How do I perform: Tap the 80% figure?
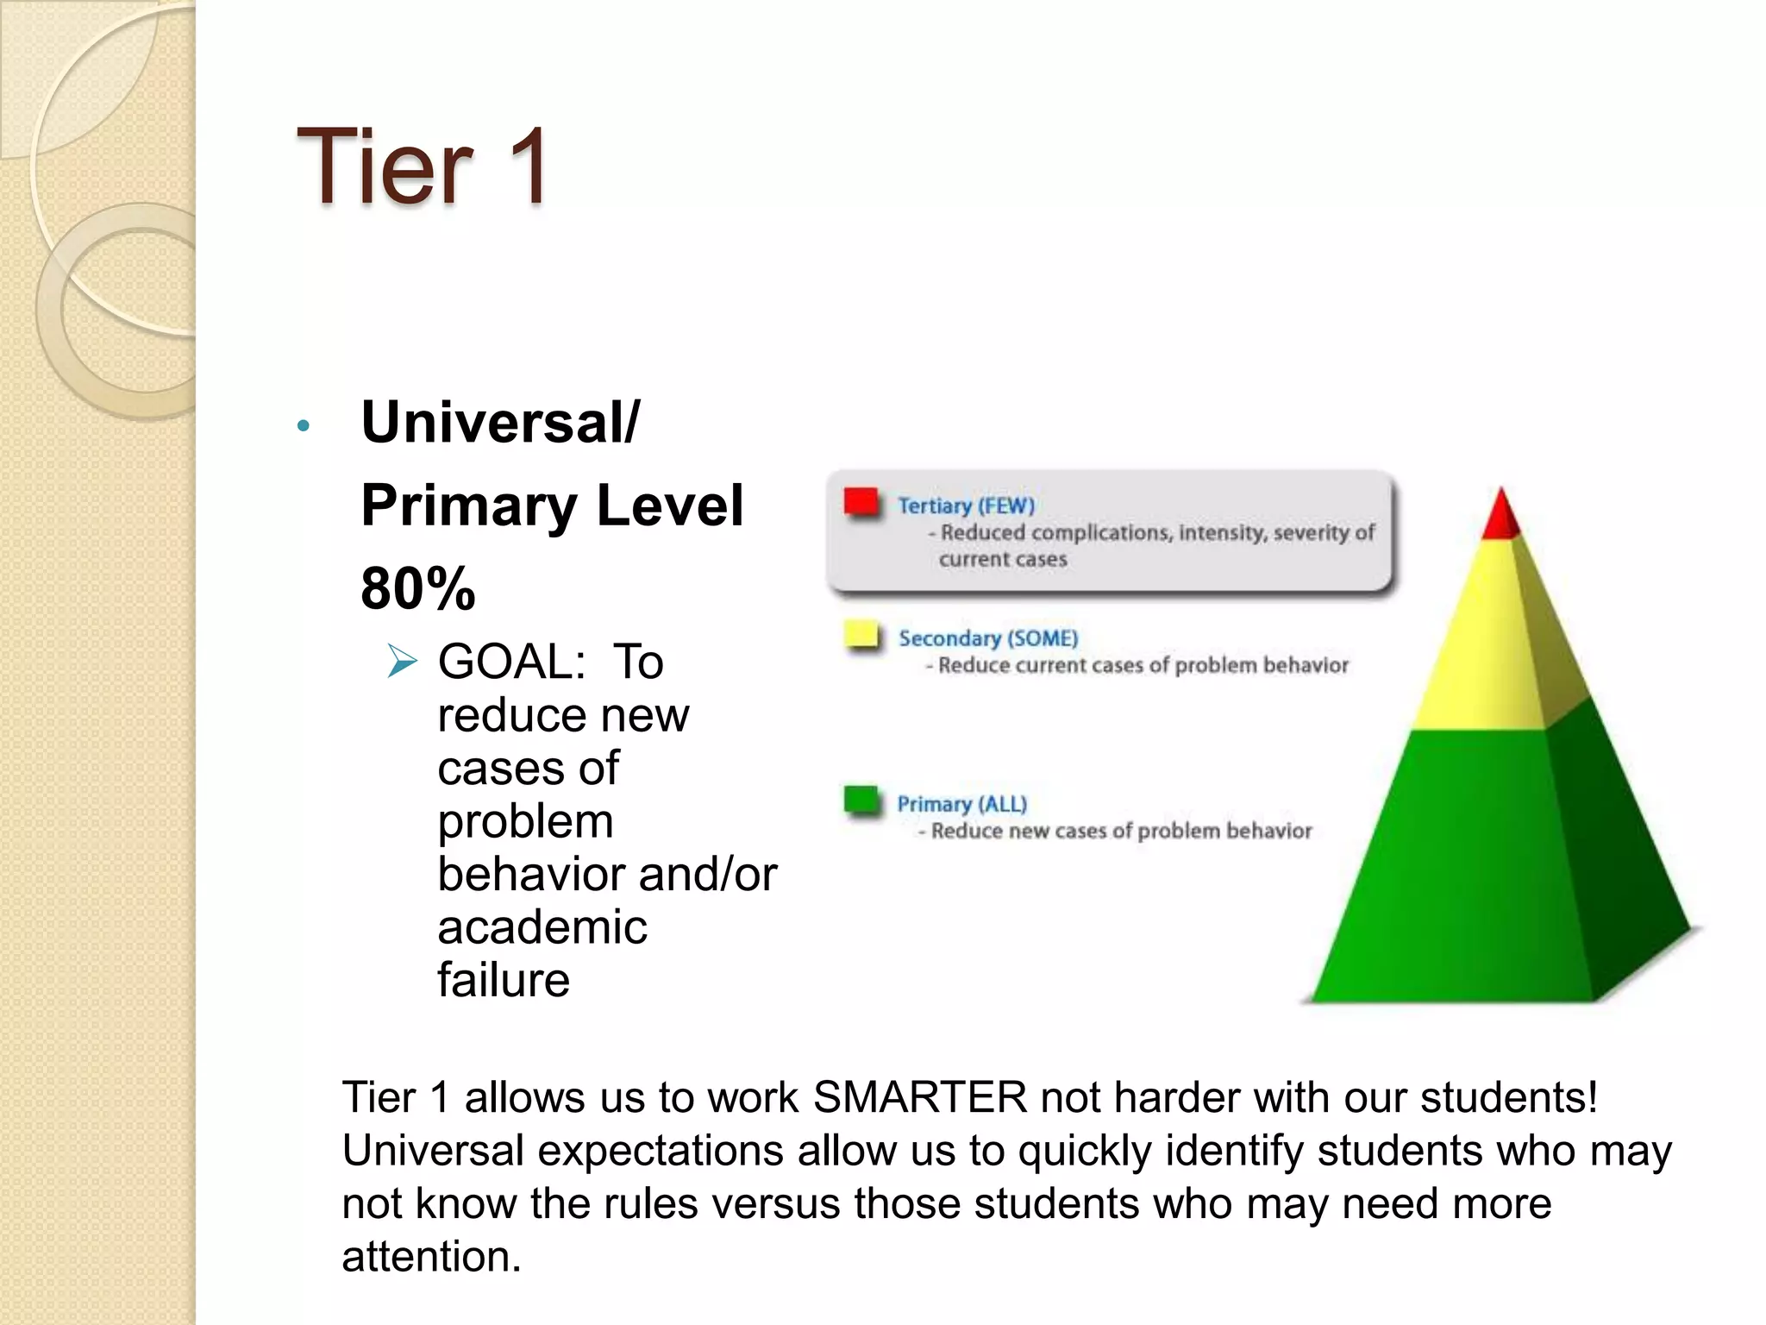pos(417,588)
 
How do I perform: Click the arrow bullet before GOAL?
pos(402,662)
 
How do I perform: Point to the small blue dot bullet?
pos(303,425)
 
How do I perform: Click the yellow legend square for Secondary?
pos(861,635)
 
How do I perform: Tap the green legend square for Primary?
pos(861,800)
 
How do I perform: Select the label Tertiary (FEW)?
pos(966,506)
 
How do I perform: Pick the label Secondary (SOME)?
pos(988,638)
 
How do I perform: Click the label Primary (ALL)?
pos(962,804)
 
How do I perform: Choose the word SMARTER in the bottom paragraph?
pos(920,1098)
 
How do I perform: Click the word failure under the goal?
pos(504,981)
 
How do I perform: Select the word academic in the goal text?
pos(542,927)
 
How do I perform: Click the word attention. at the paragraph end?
pos(432,1257)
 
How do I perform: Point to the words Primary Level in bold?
pos(552,506)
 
